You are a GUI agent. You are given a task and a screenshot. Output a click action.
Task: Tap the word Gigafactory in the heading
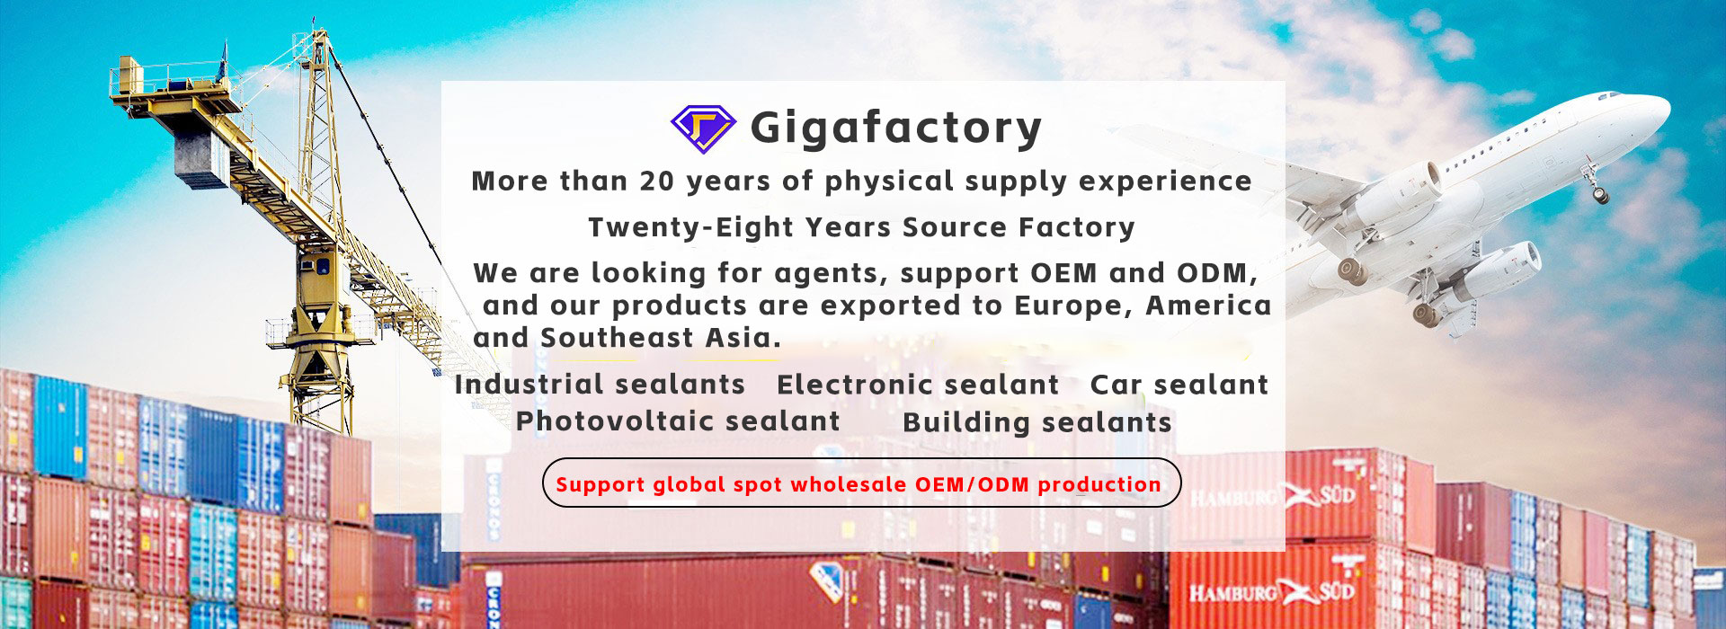(896, 128)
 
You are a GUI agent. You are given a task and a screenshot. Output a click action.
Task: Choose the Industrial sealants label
(600, 385)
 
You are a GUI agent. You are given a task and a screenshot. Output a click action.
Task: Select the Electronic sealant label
(918, 385)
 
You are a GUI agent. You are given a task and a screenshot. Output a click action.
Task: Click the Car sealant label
(1179, 385)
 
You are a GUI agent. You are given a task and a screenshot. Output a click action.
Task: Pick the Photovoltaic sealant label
(678, 421)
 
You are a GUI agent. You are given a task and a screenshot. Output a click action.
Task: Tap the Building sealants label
(1037, 422)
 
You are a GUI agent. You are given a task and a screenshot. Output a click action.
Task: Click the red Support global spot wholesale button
(861, 483)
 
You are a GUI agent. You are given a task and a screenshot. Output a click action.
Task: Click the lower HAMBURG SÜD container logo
(1273, 592)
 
